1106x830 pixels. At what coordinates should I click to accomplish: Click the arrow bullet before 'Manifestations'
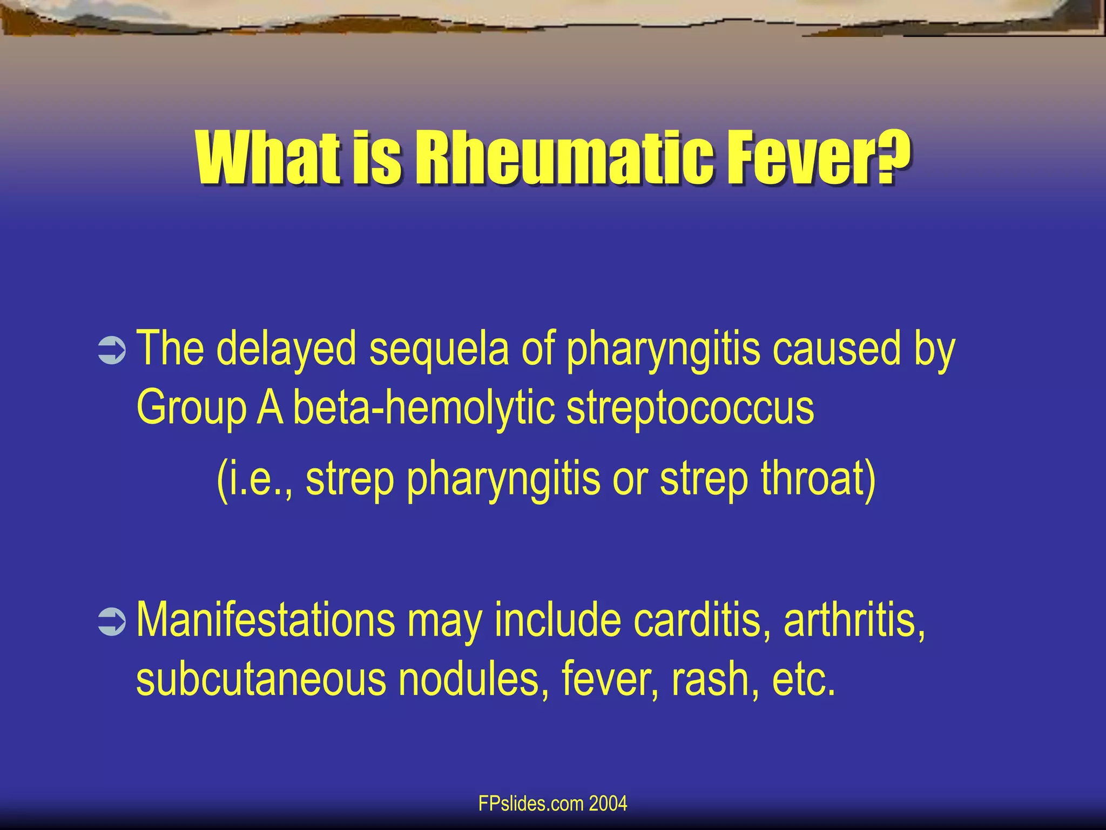112,622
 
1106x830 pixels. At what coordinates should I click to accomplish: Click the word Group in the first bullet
191,408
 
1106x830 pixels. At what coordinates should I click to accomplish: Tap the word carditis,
702,620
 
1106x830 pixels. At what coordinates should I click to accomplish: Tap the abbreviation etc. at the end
804,680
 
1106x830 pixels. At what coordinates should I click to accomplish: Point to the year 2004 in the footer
608,804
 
